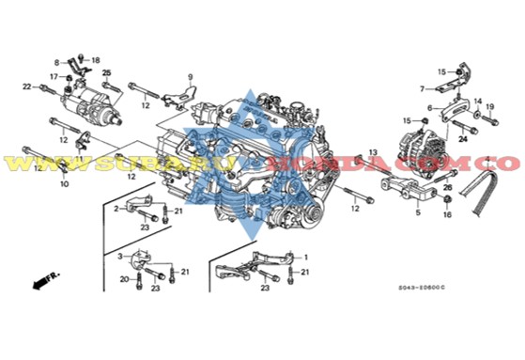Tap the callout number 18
95,58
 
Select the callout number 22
26,86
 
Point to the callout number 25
107,73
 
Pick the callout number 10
64,184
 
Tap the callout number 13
372,151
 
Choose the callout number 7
423,89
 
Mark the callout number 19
488,106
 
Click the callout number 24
462,138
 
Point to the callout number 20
123,278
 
